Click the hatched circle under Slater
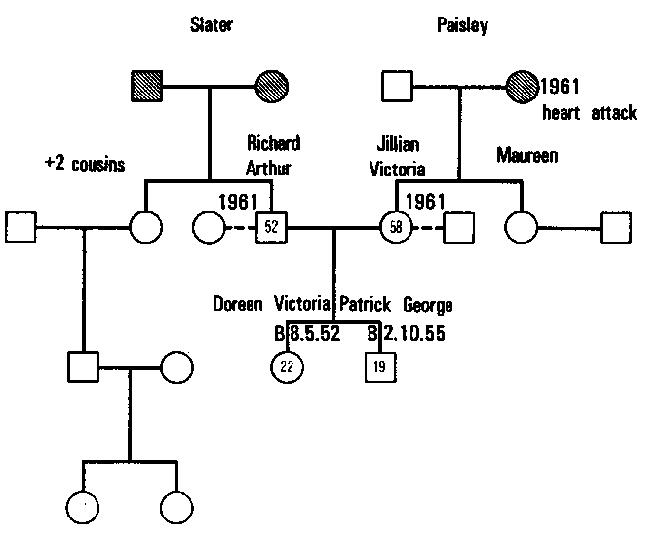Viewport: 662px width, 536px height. point(272,88)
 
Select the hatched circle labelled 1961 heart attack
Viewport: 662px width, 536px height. point(521,88)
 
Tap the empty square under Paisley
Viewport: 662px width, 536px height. point(395,88)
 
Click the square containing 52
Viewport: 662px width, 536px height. point(271,228)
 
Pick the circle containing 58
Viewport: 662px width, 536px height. point(395,228)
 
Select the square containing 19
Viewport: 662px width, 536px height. point(379,366)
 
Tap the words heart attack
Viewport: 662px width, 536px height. point(589,113)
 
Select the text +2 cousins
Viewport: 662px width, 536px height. point(85,164)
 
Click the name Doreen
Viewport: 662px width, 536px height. point(238,304)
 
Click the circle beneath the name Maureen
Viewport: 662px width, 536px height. point(521,228)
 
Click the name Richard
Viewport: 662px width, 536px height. point(273,143)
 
